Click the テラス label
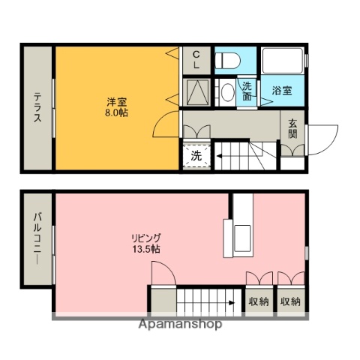click(x=37, y=109)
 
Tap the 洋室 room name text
click(x=115, y=102)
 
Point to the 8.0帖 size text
click(x=115, y=114)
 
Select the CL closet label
click(x=196, y=60)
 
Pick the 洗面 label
click(x=247, y=91)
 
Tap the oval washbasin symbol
click(x=226, y=92)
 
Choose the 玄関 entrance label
click(x=292, y=129)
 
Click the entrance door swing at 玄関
click(x=318, y=139)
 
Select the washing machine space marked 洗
click(x=196, y=157)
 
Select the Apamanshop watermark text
click(x=180, y=325)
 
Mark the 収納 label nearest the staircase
click(x=259, y=301)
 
